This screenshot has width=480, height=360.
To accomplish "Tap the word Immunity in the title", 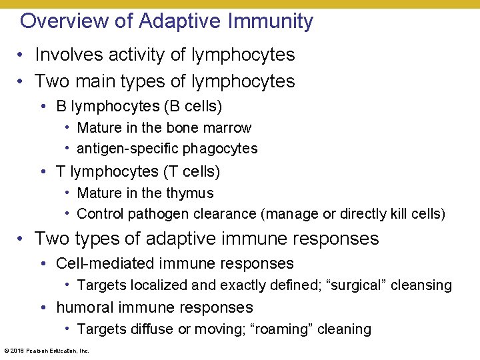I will (271, 21).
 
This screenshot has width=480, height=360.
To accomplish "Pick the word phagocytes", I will (225, 149).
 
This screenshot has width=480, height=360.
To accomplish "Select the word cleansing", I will (421, 285).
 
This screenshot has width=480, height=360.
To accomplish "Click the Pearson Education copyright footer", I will (47, 351).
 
